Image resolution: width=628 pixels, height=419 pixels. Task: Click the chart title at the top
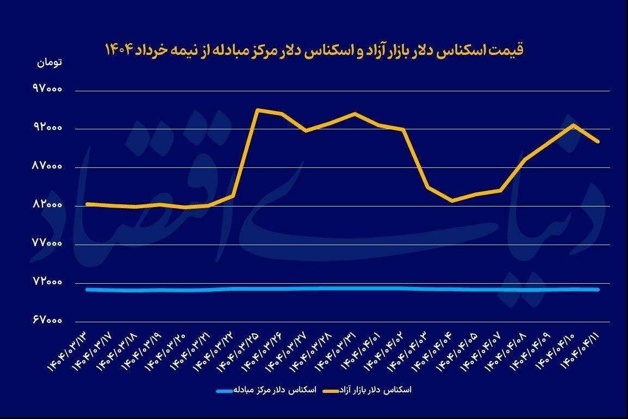[314, 49]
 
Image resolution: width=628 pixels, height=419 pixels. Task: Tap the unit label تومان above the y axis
[49, 62]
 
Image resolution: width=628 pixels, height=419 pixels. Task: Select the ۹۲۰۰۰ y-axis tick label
[48, 129]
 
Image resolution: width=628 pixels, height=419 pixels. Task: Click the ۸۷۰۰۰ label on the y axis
[48, 167]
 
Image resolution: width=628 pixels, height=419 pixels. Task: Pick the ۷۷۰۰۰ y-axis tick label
[48, 244]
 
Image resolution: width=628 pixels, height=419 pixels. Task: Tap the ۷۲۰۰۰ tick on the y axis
[48, 283]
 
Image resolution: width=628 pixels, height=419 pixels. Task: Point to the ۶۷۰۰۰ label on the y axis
[48, 321]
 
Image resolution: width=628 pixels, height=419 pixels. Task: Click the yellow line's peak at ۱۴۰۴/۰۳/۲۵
[257, 110]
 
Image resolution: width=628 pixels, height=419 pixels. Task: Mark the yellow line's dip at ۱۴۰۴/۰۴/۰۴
[452, 201]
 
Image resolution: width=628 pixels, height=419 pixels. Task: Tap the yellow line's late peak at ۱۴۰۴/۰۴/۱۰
[573, 125]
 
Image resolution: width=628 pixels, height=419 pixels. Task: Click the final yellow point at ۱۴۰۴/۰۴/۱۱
[598, 141]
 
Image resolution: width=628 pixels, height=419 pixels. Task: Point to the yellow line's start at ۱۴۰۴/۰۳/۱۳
[87, 204]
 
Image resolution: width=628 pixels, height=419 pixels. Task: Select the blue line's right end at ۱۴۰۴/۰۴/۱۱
[598, 290]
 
